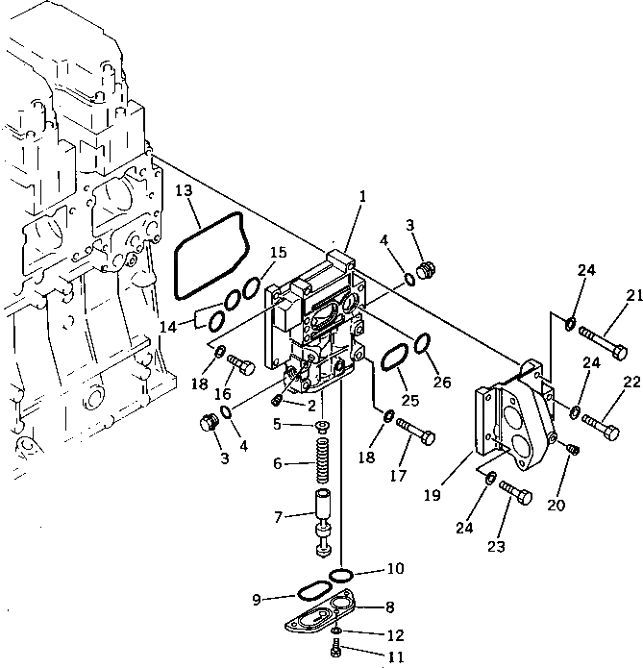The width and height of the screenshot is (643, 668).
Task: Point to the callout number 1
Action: [x=362, y=197]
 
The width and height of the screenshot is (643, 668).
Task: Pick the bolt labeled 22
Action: [x=601, y=425]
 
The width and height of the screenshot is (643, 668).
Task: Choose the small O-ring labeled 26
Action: [x=421, y=342]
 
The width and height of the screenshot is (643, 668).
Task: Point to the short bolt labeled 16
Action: [x=241, y=365]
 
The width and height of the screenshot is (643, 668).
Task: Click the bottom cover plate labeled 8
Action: [x=322, y=617]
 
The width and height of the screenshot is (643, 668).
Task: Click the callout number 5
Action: [x=278, y=423]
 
